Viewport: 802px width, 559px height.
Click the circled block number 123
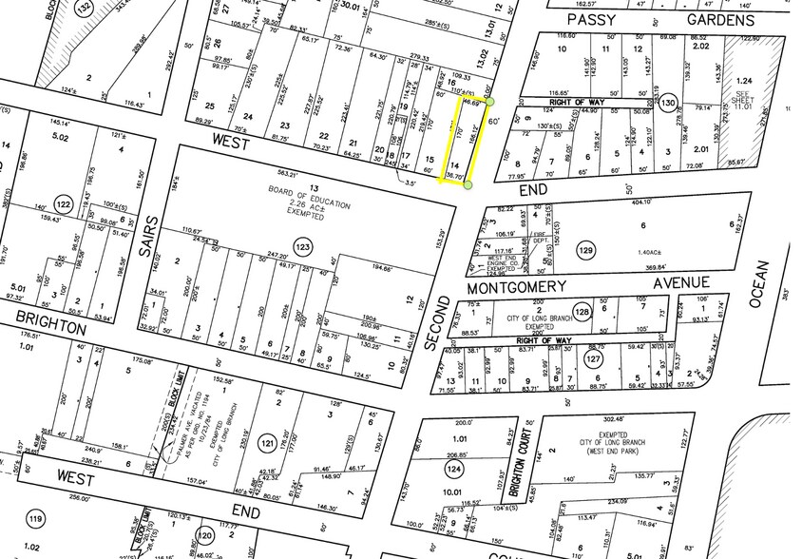point(302,247)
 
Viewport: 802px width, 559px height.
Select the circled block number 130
point(668,103)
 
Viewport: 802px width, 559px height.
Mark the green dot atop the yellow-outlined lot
point(489,100)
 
